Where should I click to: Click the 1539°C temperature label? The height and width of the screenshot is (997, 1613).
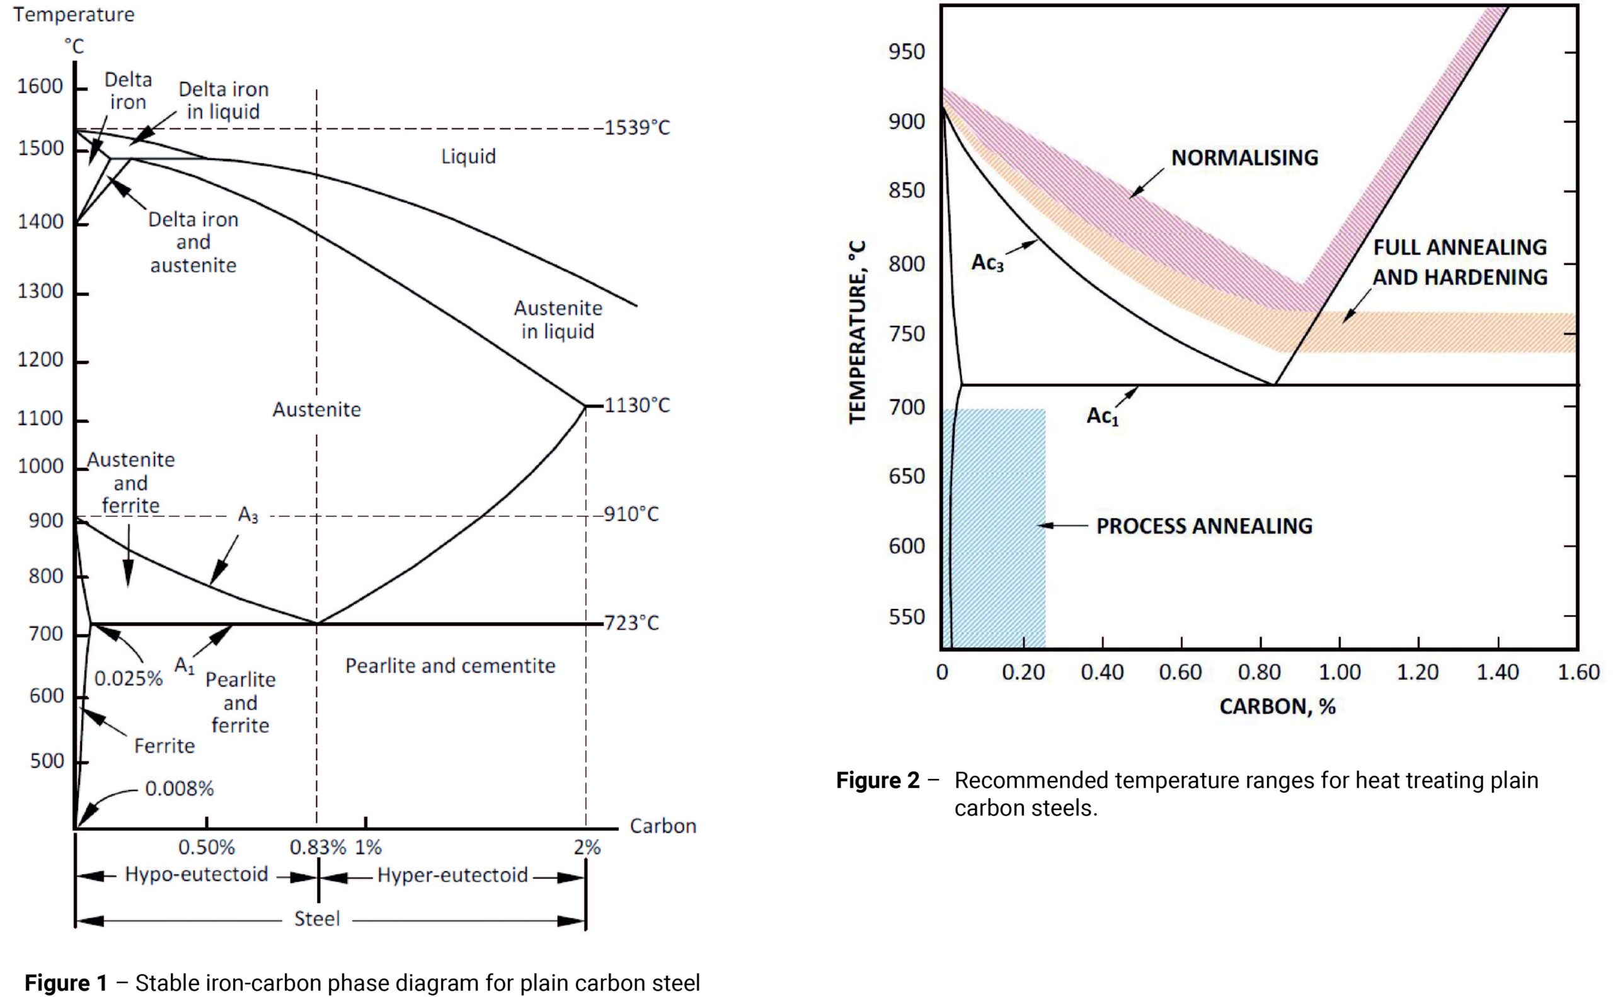[637, 127]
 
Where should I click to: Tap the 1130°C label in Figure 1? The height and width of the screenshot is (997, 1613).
[637, 405]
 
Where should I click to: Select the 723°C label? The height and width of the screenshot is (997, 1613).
[631, 622]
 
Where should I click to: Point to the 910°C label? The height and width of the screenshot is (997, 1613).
[631, 514]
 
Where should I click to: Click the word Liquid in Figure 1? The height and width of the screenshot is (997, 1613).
[468, 157]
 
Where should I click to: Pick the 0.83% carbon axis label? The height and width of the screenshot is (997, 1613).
[318, 847]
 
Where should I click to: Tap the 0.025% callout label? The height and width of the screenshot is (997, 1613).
[129, 678]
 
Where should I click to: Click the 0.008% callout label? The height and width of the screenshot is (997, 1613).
[180, 789]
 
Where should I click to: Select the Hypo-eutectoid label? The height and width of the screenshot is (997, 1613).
[197, 875]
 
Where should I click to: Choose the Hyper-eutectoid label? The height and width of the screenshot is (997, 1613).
[452, 875]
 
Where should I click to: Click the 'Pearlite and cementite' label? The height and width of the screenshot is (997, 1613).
[451, 666]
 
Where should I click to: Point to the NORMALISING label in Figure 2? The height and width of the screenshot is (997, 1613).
[1245, 157]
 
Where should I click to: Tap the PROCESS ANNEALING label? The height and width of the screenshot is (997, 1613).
[1205, 525]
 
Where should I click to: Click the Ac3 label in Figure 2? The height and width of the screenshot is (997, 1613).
[987, 263]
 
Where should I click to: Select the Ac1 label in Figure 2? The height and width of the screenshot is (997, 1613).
[1103, 416]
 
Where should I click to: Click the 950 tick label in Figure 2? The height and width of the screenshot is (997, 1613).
[907, 52]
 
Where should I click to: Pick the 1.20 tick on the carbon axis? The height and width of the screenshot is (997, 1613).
[1418, 672]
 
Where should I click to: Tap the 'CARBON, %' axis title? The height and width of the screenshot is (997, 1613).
[1277, 707]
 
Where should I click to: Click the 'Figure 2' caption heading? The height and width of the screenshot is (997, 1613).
[878, 781]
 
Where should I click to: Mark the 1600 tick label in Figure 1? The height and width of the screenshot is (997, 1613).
[40, 86]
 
